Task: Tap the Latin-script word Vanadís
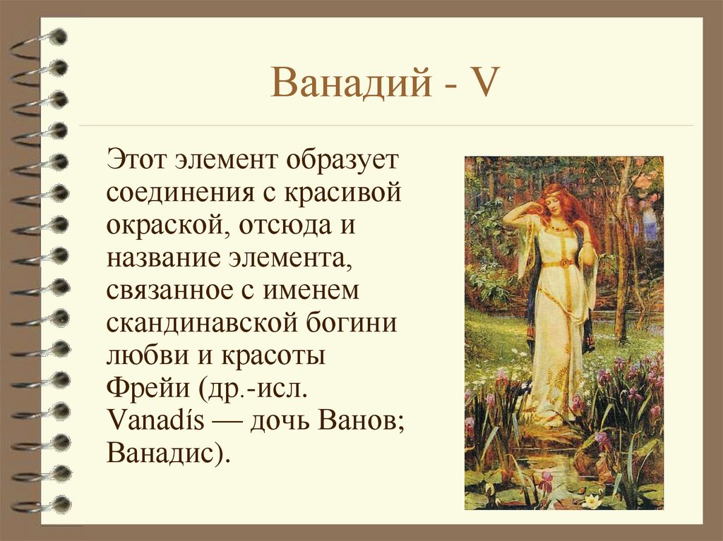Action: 156,421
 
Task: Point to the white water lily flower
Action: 591,499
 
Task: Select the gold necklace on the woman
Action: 557,228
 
